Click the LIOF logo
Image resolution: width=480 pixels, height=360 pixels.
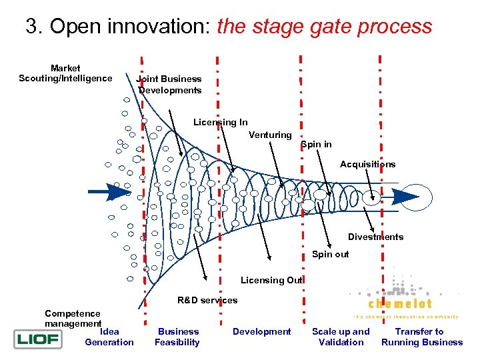[x=37, y=340]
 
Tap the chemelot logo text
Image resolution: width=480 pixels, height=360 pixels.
[x=399, y=304]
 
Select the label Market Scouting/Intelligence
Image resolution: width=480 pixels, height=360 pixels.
[x=65, y=73]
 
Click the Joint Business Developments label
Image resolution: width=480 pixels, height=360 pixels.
[x=169, y=85]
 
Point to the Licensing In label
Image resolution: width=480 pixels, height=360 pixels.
[x=220, y=122]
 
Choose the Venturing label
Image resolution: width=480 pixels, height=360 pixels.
[x=270, y=135]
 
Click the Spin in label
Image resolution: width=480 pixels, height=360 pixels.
[x=316, y=145]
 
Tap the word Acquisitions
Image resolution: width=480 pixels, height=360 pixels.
[x=367, y=164]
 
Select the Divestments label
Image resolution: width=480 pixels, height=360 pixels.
[x=375, y=237]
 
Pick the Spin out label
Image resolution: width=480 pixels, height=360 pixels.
[x=330, y=254]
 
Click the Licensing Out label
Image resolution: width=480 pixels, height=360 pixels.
[x=271, y=280]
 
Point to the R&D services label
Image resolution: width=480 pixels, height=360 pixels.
[x=207, y=300]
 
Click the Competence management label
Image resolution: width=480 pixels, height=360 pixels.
[x=73, y=319]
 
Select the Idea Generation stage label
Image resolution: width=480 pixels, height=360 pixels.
[x=109, y=337]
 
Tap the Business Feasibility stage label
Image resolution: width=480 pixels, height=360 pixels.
[x=178, y=337]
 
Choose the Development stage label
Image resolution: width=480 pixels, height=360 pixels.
[x=262, y=331]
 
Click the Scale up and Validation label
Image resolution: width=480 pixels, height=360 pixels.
[x=341, y=337]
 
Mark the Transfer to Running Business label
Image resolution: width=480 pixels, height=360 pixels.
[x=421, y=337]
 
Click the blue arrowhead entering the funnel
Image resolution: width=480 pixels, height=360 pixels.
[x=120, y=191]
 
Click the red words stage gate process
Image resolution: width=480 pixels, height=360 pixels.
[x=325, y=27]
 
